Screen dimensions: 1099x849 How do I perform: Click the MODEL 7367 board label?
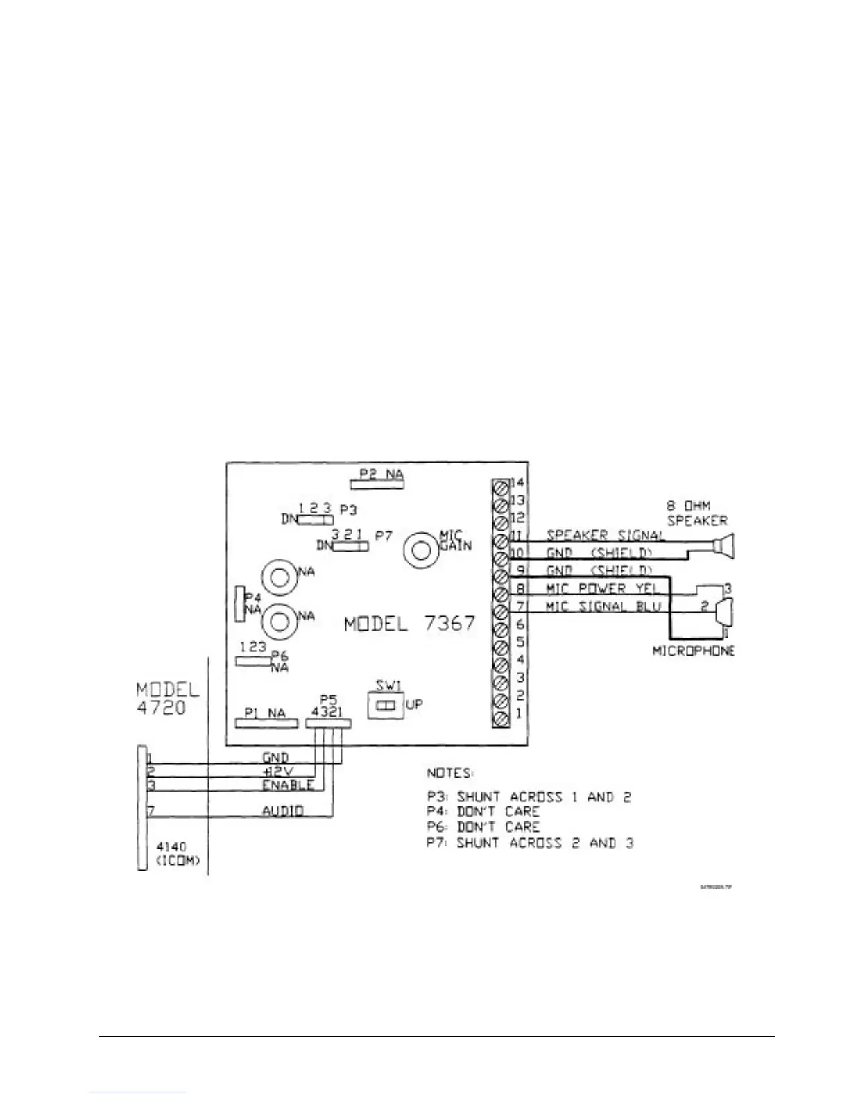point(410,624)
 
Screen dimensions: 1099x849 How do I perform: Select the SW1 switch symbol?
point(386,706)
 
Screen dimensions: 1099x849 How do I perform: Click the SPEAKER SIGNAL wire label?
point(606,535)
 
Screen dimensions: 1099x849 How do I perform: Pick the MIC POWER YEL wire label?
point(602,588)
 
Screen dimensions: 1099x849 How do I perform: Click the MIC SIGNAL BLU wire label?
point(603,606)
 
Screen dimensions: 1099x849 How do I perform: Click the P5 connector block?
point(327,723)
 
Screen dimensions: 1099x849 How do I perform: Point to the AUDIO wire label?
point(282,810)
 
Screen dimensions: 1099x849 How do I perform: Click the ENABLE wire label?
point(287,785)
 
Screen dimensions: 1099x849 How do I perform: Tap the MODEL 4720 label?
point(167,699)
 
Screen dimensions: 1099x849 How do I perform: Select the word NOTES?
point(449,773)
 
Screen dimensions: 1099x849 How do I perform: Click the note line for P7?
point(530,844)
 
